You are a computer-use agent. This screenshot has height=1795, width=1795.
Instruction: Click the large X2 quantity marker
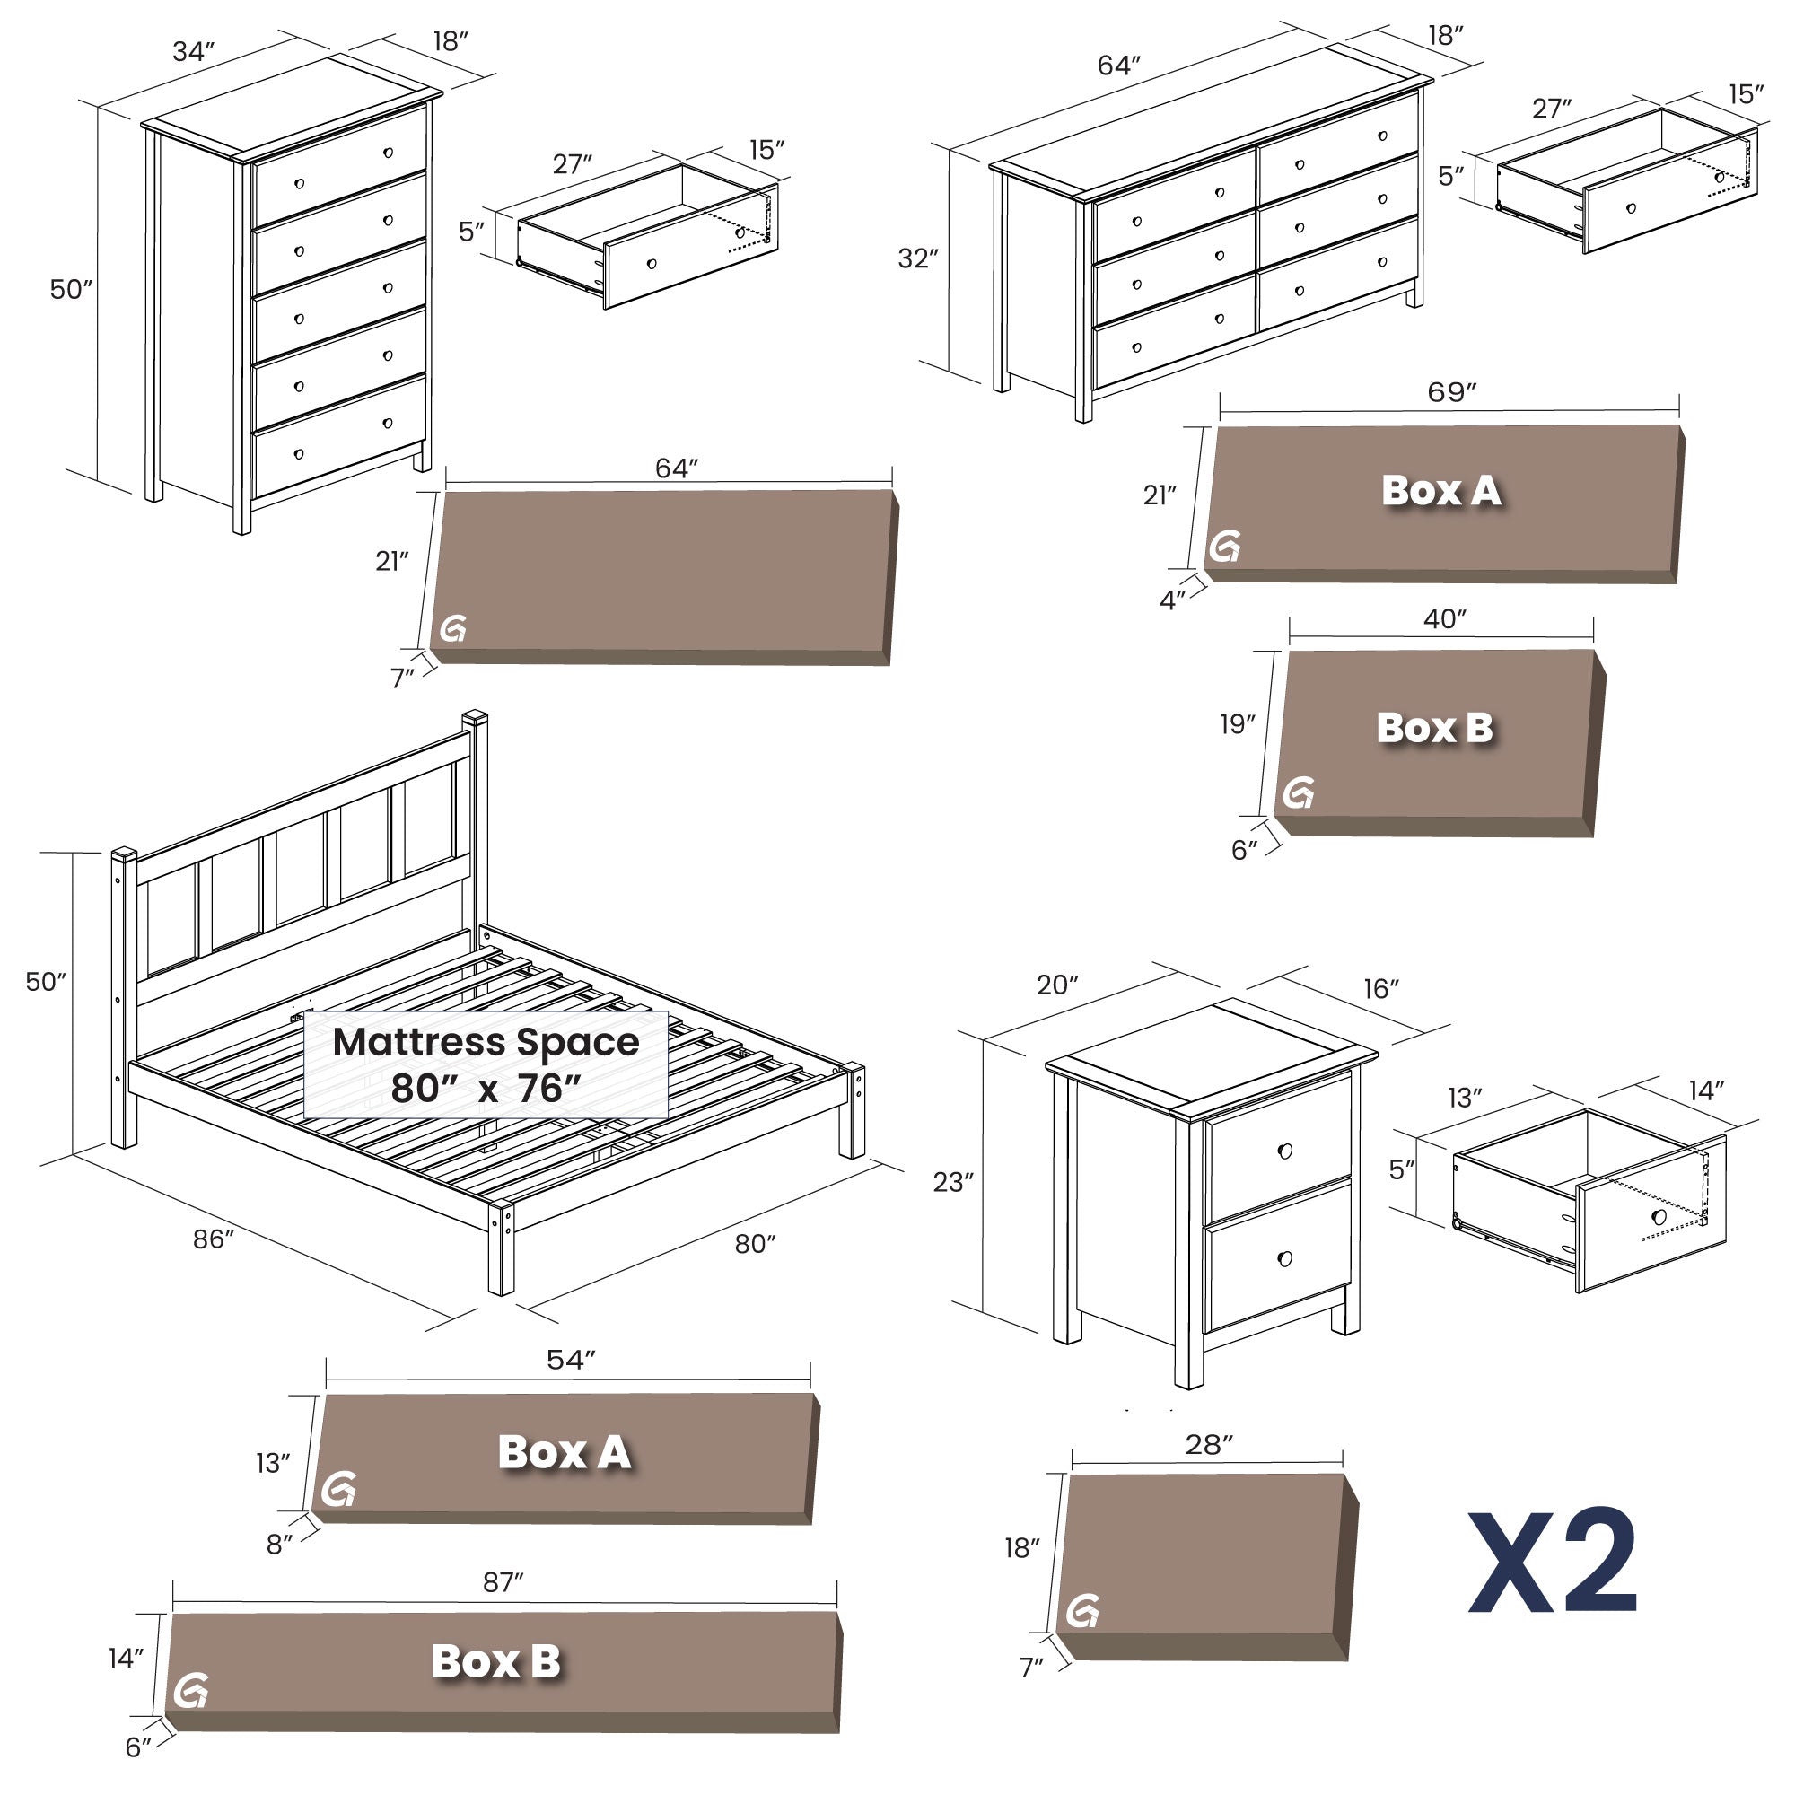(1553, 1562)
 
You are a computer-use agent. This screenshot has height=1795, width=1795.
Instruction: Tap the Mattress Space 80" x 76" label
(486, 1064)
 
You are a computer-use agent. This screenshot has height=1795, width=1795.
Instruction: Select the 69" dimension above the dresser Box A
(1451, 392)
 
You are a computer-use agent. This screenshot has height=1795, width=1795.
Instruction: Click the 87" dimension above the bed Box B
(503, 1582)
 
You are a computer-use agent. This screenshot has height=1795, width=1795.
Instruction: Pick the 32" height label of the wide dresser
(918, 258)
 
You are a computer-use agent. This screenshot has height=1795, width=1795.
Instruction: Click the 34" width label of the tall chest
(193, 52)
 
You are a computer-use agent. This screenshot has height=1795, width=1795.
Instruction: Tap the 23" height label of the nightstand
(953, 1182)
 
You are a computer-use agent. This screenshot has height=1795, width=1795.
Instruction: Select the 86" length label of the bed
(213, 1239)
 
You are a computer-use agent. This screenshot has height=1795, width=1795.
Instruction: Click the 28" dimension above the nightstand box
(1209, 1444)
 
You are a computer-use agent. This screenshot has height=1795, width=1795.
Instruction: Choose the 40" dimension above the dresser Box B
(1445, 618)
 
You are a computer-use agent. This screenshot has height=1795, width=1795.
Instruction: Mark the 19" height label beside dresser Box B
(1238, 724)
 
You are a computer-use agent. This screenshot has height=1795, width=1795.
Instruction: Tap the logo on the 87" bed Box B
(190, 1690)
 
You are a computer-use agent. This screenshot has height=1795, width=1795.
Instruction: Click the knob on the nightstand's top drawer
(1285, 1151)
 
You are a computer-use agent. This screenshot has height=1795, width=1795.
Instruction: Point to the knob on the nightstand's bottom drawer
(1285, 1259)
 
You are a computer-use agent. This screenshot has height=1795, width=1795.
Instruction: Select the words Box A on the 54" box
(565, 1453)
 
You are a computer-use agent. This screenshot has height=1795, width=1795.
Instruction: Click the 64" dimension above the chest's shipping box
(676, 468)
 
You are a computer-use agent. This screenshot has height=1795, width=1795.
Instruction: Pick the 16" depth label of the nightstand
(1380, 988)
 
